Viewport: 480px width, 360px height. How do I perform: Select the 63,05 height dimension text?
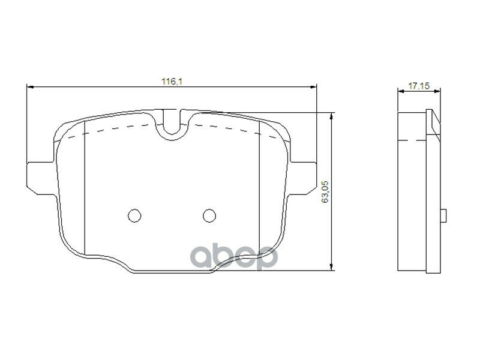point(325,191)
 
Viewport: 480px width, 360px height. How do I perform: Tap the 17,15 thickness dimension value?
point(418,86)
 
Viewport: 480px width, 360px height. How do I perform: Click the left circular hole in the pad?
point(135,215)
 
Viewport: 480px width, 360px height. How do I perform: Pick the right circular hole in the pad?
point(209,215)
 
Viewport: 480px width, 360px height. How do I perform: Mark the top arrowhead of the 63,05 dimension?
point(332,115)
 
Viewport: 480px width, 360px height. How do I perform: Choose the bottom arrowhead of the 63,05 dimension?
point(332,266)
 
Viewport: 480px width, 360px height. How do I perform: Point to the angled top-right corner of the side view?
point(433,120)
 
